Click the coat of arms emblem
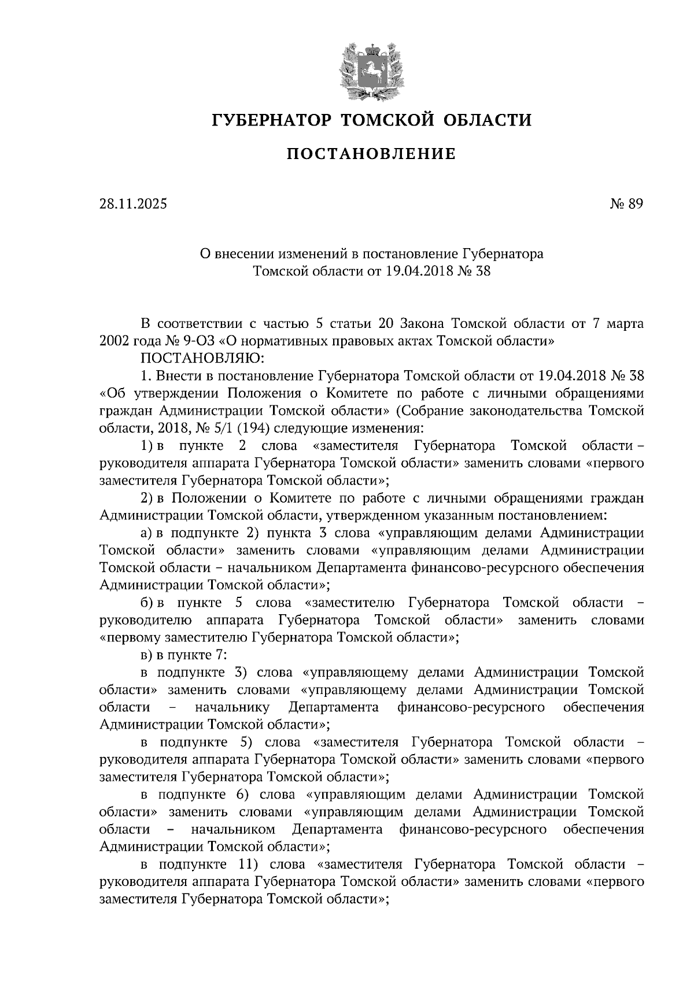click(x=370, y=69)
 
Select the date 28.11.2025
click(x=132, y=204)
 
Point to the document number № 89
click(x=626, y=204)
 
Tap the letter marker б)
click(x=147, y=603)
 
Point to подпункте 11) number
click(x=246, y=865)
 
